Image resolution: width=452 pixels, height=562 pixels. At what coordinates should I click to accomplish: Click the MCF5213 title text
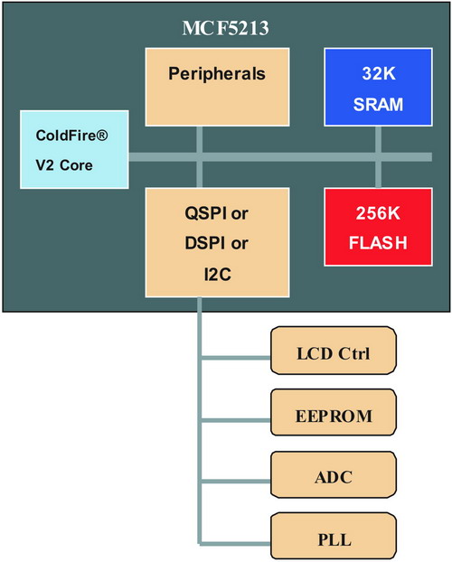(225, 28)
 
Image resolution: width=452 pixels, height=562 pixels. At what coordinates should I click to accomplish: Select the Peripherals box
(217, 87)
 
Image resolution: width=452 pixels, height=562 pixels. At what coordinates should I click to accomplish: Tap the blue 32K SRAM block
(378, 87)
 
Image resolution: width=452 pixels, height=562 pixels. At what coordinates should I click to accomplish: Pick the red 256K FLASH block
(378, 227)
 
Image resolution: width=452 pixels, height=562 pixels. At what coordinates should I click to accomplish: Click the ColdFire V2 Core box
(75, 149)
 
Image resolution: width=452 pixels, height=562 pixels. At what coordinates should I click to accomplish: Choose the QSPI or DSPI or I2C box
(217, 243)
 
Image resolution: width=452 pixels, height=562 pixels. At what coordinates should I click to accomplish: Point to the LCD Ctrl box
(334, 351)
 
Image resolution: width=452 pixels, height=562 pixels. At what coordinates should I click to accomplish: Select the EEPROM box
(334, 413)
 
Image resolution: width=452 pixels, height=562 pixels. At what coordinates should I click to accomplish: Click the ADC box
(334, 474)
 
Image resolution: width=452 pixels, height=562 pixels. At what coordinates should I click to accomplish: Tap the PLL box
(334, 536)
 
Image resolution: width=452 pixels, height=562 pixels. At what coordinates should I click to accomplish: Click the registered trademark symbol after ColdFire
(102, 136)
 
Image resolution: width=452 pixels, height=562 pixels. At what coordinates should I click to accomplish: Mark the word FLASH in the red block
(378, 243)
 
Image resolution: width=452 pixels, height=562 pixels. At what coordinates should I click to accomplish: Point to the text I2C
(217, 275)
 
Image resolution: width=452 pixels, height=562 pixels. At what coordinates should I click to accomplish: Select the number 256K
(378, 213)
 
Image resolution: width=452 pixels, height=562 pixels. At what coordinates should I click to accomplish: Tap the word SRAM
(378, 104)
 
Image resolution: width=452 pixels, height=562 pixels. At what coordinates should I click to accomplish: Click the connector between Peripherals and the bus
(200, 140)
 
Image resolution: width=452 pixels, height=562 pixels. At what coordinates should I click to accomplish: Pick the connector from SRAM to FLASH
(378, 157)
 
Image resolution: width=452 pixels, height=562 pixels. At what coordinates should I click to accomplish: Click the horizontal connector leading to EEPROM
(236, 420)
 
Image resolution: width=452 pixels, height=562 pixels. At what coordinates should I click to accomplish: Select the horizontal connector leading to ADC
(236, 482)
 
